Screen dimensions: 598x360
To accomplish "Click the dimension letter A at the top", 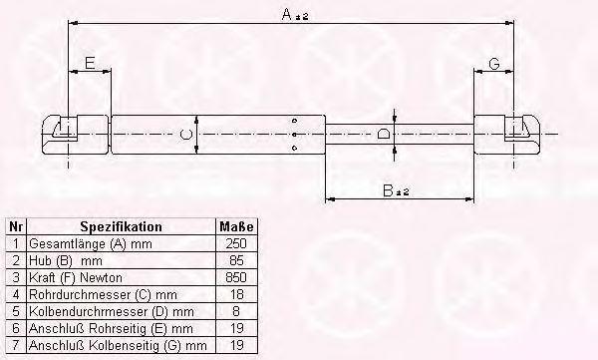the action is point(286,15).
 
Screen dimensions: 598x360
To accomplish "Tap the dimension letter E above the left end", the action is point(90,63).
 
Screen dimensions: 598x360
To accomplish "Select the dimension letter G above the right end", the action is point(494,64).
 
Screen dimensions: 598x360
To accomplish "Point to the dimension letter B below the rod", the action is point(388,190).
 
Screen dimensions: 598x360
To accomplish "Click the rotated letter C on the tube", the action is point(185,135).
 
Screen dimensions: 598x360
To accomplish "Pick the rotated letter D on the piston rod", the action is point(383,134).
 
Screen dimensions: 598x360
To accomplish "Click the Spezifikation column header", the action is point(121,226).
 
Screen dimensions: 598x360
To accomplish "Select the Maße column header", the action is point(236,226).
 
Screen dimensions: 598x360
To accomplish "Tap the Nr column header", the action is point(16,226).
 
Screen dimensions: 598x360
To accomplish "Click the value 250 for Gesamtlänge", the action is point(236,243).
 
